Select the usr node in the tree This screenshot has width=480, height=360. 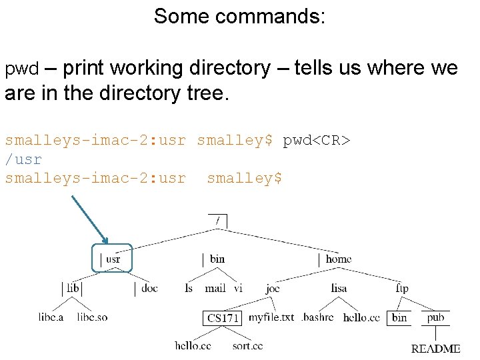(113, 259)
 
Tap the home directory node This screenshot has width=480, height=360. (338, 259)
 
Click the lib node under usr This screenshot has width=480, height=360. (73, 288)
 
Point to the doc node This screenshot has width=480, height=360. (149, 288)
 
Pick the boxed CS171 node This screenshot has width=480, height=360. (222, 318)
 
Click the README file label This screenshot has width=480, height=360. (435, 349)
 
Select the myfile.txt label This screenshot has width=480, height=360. (271, 317)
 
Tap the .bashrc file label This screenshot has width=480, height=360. (317, 317)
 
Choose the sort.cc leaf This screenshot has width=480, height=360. (247, 345)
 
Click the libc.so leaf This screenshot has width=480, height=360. (92, 317)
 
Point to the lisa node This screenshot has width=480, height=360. (339, 288)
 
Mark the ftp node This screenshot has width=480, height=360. (402, 288)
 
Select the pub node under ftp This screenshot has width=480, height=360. (435, 317)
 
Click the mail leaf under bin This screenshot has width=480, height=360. (215, 288)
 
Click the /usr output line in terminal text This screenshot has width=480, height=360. (23, 159)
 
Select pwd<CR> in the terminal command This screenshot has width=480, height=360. (317, 141)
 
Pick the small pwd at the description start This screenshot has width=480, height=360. (22, 69)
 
